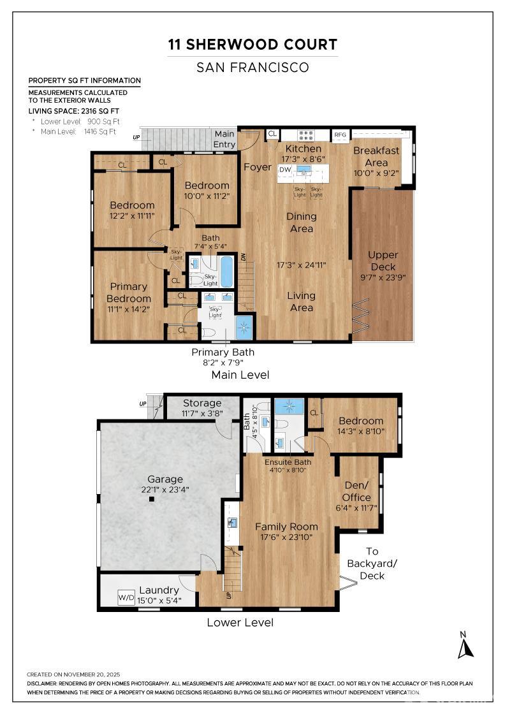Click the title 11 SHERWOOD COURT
[252, 45]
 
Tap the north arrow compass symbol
[466, 645]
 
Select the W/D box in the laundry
[126, 598]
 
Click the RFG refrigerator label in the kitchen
[340, 135]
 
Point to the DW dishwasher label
[285, 170]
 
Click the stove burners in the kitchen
[307, 135]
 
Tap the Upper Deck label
[383, 261]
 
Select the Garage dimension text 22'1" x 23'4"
[165, 490]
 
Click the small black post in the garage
[152, 500]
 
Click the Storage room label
[202, 403]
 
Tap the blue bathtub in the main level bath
[226, 272]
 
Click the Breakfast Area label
[376, 156]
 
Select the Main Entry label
[224, 139]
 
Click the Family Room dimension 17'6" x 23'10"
[286, 537]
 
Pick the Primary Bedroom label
[129, 293]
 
